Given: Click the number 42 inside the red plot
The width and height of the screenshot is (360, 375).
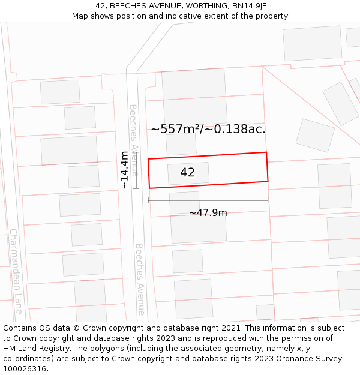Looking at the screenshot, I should [187, 173].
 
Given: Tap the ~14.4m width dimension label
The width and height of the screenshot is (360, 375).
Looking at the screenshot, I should [124, 170].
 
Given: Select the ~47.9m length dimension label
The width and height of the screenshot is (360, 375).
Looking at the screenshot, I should [208, 213].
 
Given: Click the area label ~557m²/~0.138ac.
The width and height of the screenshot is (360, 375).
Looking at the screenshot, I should [208, 129].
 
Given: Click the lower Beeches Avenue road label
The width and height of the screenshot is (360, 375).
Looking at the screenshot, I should [140, 279].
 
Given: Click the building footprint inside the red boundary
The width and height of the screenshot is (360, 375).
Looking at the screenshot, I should [188, 173].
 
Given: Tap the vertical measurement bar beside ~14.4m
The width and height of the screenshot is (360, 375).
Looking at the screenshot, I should [137, 170].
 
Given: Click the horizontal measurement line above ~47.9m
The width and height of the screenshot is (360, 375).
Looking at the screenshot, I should [208, 200].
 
